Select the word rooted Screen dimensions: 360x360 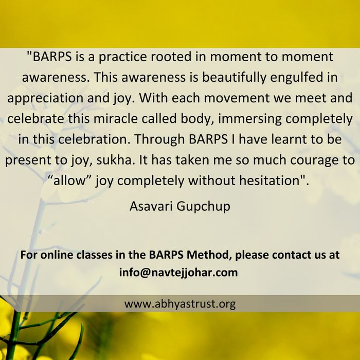pyautogui.click(x=171, y=57)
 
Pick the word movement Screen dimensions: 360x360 pyautogui.click(x=237, y=98)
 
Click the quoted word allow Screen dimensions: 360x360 pyautogui.click(x=69, y=181)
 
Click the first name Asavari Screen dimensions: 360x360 pyautogui.click(x=151, y=206)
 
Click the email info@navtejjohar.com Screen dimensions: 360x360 pyautogui.click(x=178, y=273)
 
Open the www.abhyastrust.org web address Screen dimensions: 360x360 pyautogui.click(x=180, y=304)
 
